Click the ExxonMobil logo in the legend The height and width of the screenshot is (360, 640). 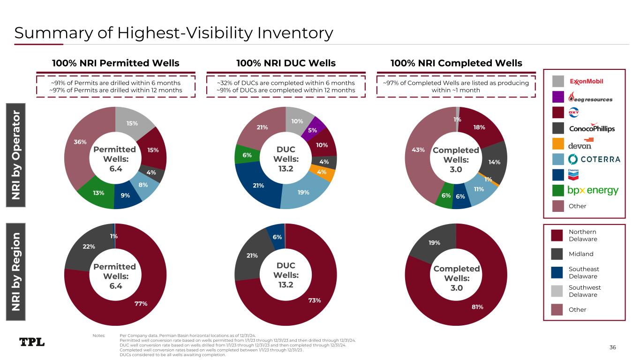tap(586, 82)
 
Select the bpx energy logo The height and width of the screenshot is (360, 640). tap(593, 191)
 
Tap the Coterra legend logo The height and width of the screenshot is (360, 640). tap(595, 159)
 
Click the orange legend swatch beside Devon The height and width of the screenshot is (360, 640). tap(558, 144)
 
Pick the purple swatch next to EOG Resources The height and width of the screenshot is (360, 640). tap(558, 97)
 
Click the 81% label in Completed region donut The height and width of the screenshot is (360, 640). tap(477, 307)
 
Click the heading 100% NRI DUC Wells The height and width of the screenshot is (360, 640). tap(286, 63)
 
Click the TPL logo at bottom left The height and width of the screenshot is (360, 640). tap(32, 342)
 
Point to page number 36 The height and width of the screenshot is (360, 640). tap(613, 347)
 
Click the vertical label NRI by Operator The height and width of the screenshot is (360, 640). tap(15, 155)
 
